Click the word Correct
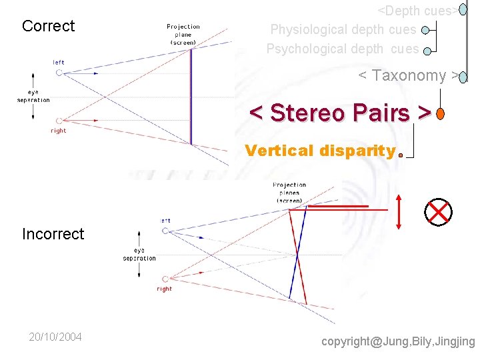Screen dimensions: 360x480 [48, 26]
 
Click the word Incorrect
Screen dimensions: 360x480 [53, 234]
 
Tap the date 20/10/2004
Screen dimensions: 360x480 [55, 337]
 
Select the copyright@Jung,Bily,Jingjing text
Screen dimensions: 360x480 [398, 341]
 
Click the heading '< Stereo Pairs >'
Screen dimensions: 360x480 [339, 113]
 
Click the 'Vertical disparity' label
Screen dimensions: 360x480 [320, 151]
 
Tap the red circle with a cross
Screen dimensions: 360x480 [438, 212]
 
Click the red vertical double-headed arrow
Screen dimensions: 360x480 [399, 212]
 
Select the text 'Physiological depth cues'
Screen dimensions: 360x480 [343, 30]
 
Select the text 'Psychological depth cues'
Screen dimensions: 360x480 [343, 49]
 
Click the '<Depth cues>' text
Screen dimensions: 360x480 [418, 11]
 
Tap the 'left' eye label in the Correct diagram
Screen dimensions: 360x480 [59, 63]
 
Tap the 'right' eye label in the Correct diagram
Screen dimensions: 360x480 [59, 131]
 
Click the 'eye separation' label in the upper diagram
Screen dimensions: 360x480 [33, 96]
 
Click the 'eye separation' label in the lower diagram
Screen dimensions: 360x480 [139, 255]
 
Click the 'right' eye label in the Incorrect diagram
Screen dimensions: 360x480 [164, 289]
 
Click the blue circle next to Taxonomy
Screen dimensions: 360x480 [463, 77]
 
